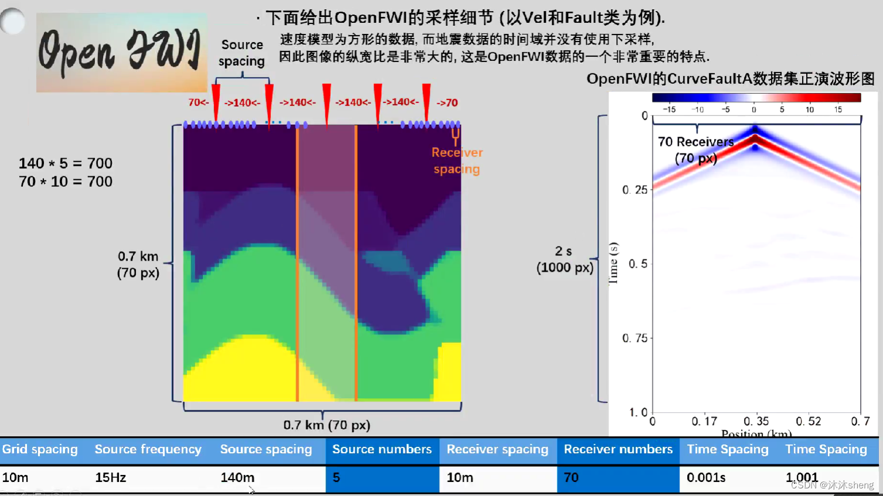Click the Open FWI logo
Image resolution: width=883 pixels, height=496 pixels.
(x=121, y=52)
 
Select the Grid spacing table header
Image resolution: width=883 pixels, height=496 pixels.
(x=40, y=449)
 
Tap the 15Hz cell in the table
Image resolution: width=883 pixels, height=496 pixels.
(x=111, y=478)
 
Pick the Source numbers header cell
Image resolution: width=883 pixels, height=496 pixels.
(x=382, y=449)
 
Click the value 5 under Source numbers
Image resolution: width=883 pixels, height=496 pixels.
(x=337, y=478)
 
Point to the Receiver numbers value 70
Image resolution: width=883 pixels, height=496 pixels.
(x=571, y=478)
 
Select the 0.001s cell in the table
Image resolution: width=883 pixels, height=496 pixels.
(x=706, y=478)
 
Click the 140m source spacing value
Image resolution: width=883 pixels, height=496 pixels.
(x=237, y=478)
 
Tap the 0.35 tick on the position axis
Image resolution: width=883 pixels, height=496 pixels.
(x=756, y=421)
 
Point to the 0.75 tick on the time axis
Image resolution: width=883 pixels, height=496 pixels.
(x=635, y=338)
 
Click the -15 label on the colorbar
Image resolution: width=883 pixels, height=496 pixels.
(x=669, y=110)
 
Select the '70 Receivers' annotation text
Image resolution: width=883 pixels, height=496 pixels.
(x=696, y=142)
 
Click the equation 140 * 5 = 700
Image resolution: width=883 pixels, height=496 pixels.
(x=66, y=163)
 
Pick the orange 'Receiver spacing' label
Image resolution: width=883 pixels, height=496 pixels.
(x=457, y=160)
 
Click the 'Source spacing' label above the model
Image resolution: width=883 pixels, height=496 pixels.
(x=242, y=53)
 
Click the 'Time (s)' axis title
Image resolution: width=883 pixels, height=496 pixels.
(x=613, y=263)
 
